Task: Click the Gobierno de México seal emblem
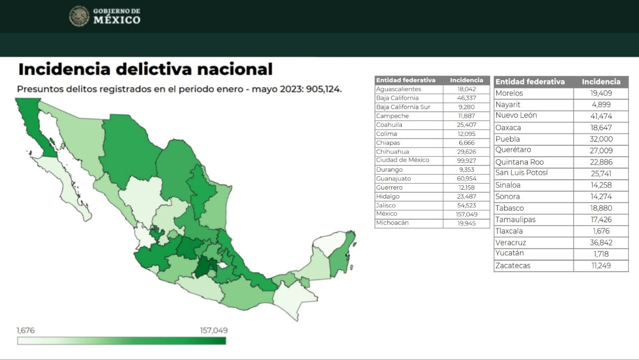pyautogui.click(x=79, y=16)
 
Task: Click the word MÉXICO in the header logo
pyautogui.click(x=117, y=20)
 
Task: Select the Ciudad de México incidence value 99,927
pyautogui.click(x=466, y=160)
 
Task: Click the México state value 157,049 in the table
pyautogui.click(x=466, y=214)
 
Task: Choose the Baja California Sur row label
pyautogui.click(x=403, y=107)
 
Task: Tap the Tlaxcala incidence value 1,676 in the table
pyautogui.click(x=601, y=231)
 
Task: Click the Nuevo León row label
pyautogui.click(x=516, y=115)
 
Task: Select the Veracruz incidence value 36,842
pyautogui.click(x=601, y=243)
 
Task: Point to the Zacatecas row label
pyautogui.click(x=513, y=266)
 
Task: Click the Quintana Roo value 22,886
pyautogui.click(x=601, y=162)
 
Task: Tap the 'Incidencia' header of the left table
pyautogui.click(x=466, y=80)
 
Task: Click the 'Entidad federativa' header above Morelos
pyautogui.click(x=530, y=82)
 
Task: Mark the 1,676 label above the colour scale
pyautogui.click(x=25, y=331)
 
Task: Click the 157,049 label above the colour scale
pyautogui.click(x=214, y=331)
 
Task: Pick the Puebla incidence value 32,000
pyautogui.click(x=601, y=139)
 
